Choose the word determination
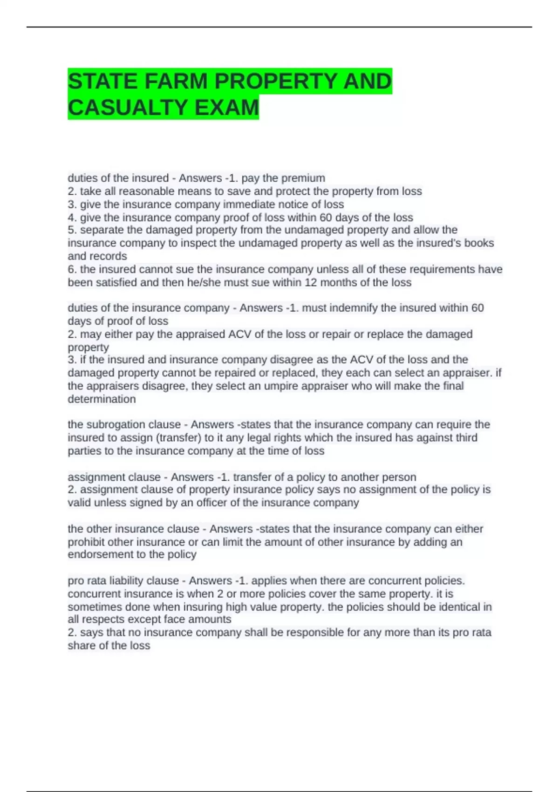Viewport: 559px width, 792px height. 102,399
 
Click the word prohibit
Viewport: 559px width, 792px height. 88,542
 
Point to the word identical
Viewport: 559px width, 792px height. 458,607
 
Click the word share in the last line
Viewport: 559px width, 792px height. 81,646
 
